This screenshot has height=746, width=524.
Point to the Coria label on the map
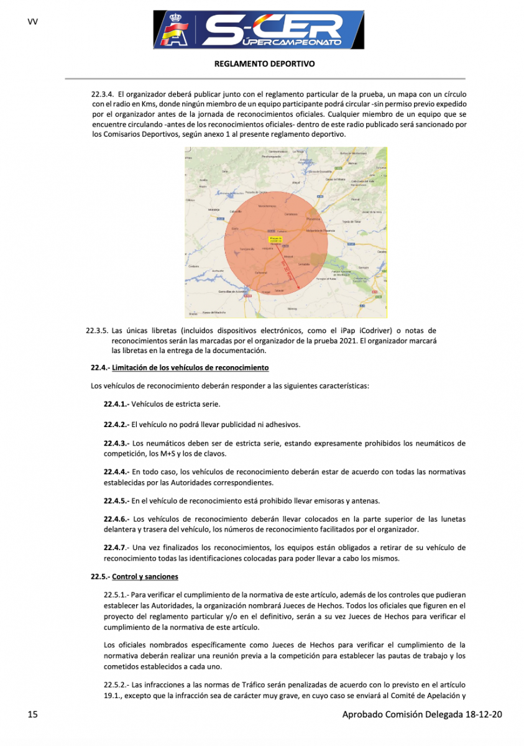[235, 229]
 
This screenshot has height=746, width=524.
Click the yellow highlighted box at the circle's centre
[275, 239]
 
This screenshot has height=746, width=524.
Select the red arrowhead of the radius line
[298, 287]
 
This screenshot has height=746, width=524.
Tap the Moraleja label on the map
[214, 210]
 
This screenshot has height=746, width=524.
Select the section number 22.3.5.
[98, 331]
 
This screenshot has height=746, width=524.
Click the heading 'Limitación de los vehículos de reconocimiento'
[190, 368]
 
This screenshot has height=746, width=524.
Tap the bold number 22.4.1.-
[117, 404]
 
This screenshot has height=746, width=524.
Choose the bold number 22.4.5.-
[117, 500]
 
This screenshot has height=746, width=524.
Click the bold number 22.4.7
[116, 548]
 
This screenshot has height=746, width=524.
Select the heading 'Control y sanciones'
[145, 576]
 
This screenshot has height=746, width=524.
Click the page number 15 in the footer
[33, 715]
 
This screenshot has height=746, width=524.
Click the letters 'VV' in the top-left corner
[33, 22]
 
